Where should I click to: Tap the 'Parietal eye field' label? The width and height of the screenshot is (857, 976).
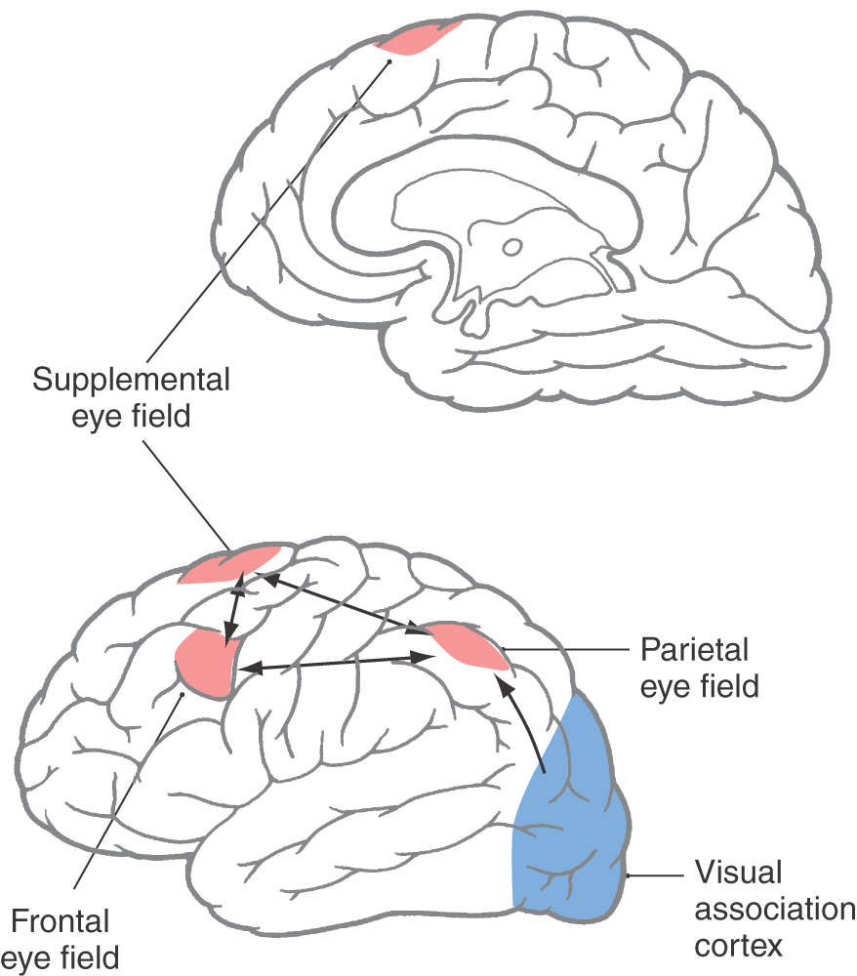699,667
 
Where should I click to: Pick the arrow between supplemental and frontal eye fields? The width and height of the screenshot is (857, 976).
233,614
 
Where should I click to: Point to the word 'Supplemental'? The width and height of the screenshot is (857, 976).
131,380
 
